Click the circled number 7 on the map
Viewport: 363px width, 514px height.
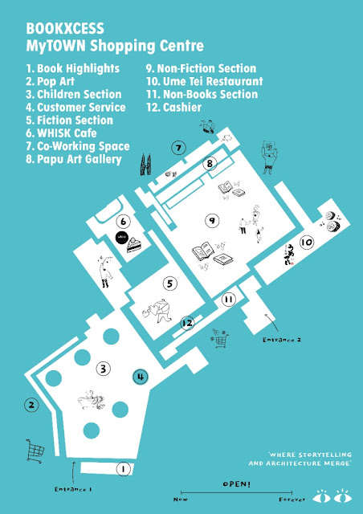click(x=178, y=148)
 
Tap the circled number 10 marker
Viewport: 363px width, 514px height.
click(x=307, y=243)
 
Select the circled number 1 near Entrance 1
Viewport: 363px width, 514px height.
click(x=123, y=469)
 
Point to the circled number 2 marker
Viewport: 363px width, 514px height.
click(x=31, y=405)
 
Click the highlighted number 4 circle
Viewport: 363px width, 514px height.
click(x=141, y=377)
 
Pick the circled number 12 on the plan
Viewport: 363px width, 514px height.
click(x=187, y=323)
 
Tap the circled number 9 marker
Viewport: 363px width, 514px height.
click(x=212, y=221)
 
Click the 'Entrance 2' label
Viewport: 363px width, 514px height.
click(x=282, y=340)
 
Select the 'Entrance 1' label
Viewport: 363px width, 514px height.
click(x=73, y=489)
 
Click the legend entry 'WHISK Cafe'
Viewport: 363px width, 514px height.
click(x=61, y=133)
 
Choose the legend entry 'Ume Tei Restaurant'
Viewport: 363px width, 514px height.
click(x=204, y=81)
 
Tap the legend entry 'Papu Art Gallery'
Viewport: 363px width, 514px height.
click(x=74, y=159)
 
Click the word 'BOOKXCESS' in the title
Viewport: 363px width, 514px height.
click(x=65, y=29)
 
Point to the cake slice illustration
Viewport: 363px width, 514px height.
click(x=134, y=245)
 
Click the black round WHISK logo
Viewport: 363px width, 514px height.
click(x=121, y=238)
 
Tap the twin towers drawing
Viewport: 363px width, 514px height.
click(x=145, y=164)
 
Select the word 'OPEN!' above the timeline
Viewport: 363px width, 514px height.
click(x=236, y=484)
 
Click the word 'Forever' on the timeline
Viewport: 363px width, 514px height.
click(x=292, y=500)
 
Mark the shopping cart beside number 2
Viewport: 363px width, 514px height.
click(x=35, y=451)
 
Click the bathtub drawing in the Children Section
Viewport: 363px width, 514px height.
click(x=91, y=400)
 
